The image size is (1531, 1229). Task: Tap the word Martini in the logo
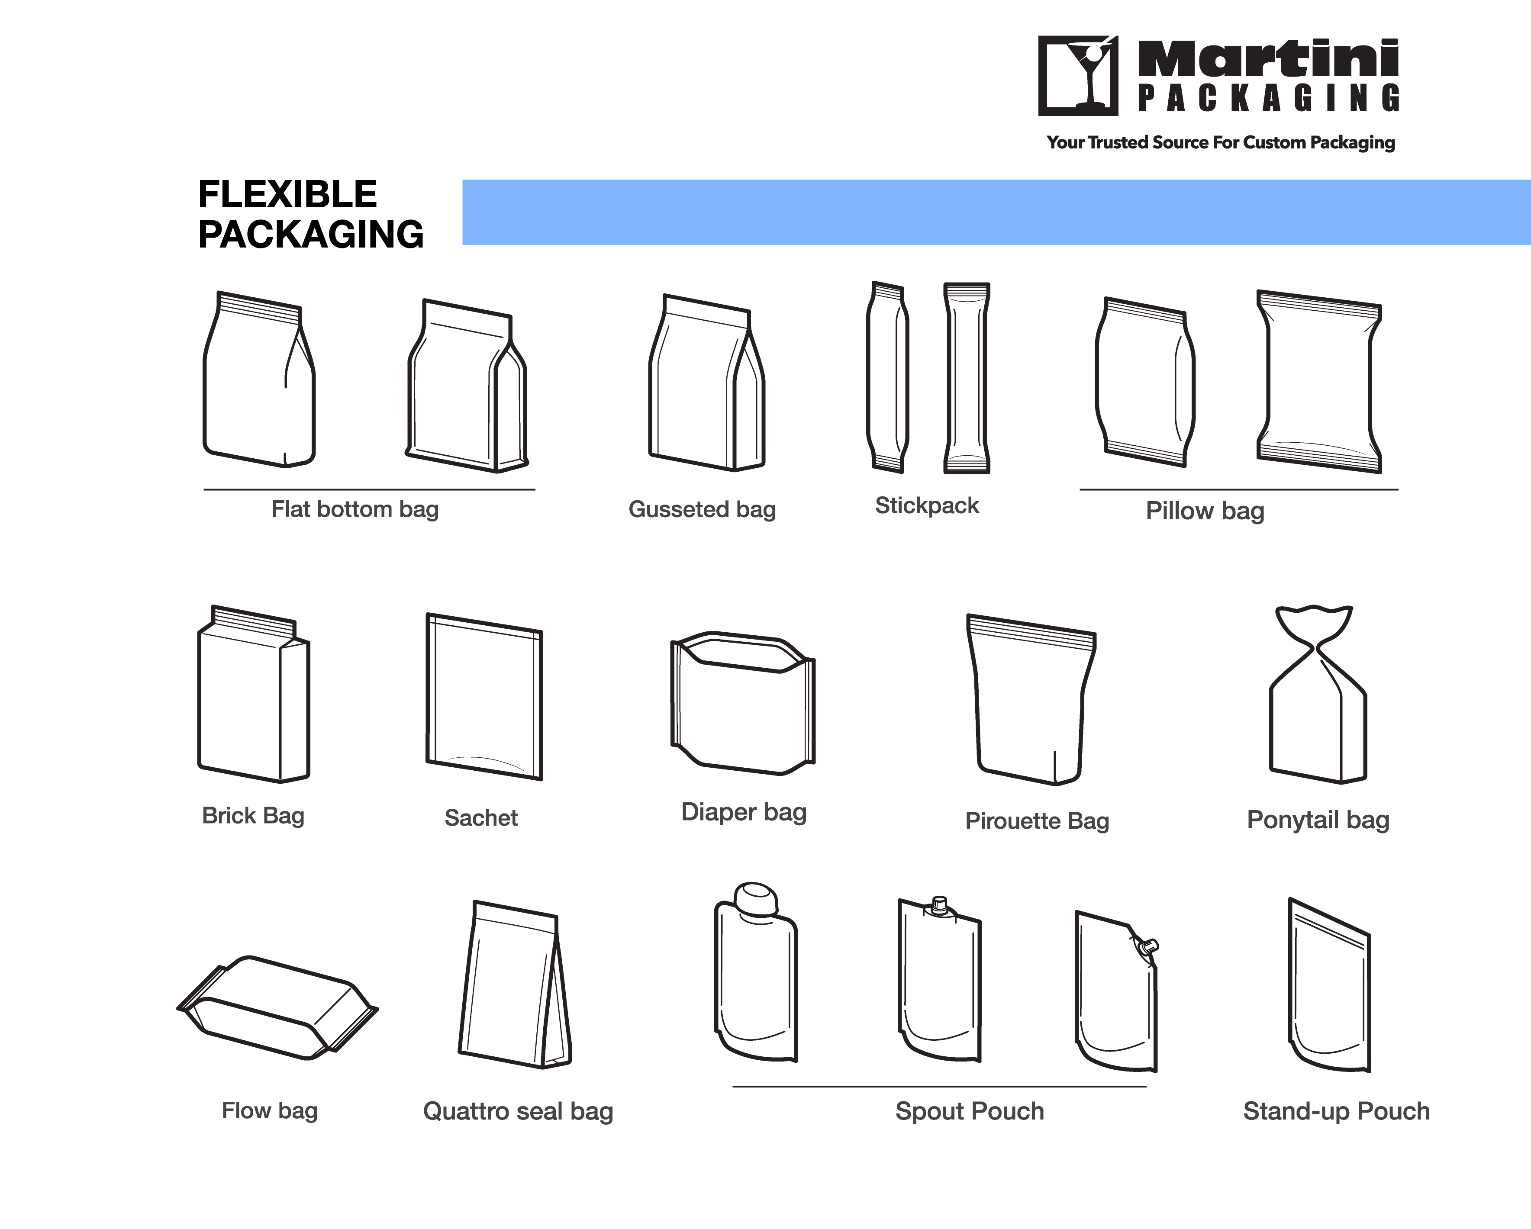point(1268,58)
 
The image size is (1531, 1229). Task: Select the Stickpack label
point(927,505)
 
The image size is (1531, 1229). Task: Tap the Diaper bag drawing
point(743,703)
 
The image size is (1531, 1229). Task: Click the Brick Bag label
point(254,816)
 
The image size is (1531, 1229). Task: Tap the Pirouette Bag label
point(1037,821)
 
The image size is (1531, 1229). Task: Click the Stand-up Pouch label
point(1336,1111)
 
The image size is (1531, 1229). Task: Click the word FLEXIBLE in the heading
point(287,195)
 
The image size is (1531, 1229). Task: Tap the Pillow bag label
point(1205,511)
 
